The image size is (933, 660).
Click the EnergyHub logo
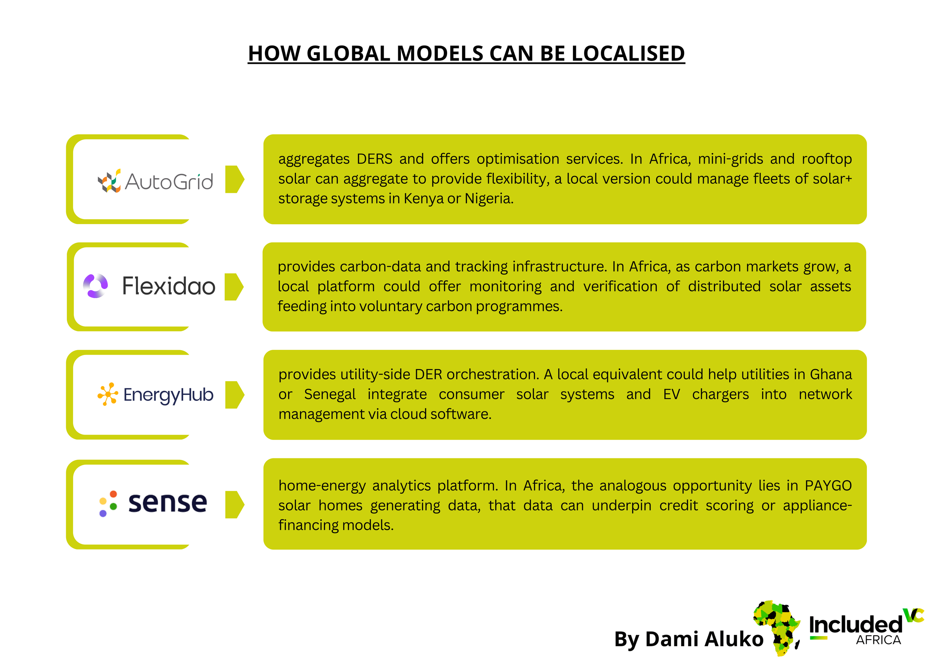click(x=155, y=394)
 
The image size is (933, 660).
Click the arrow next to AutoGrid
click(x=234, y=179)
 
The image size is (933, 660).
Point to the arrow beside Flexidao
click(x=234, y=287)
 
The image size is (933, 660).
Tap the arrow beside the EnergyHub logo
click(x=234, y=395)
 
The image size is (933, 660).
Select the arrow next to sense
click(x=234, y=504)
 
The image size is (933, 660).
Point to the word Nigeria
click(x=489, y=199)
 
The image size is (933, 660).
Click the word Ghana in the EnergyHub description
click(x=831, y=374)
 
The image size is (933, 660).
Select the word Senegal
click(x=330, y=394)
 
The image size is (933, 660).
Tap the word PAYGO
click(x=828, y=486)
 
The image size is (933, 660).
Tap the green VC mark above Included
click(x=913, y=615)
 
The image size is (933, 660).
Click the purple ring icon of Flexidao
click(x=96, y=286)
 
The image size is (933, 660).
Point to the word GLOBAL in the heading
click(x=348, y=54)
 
